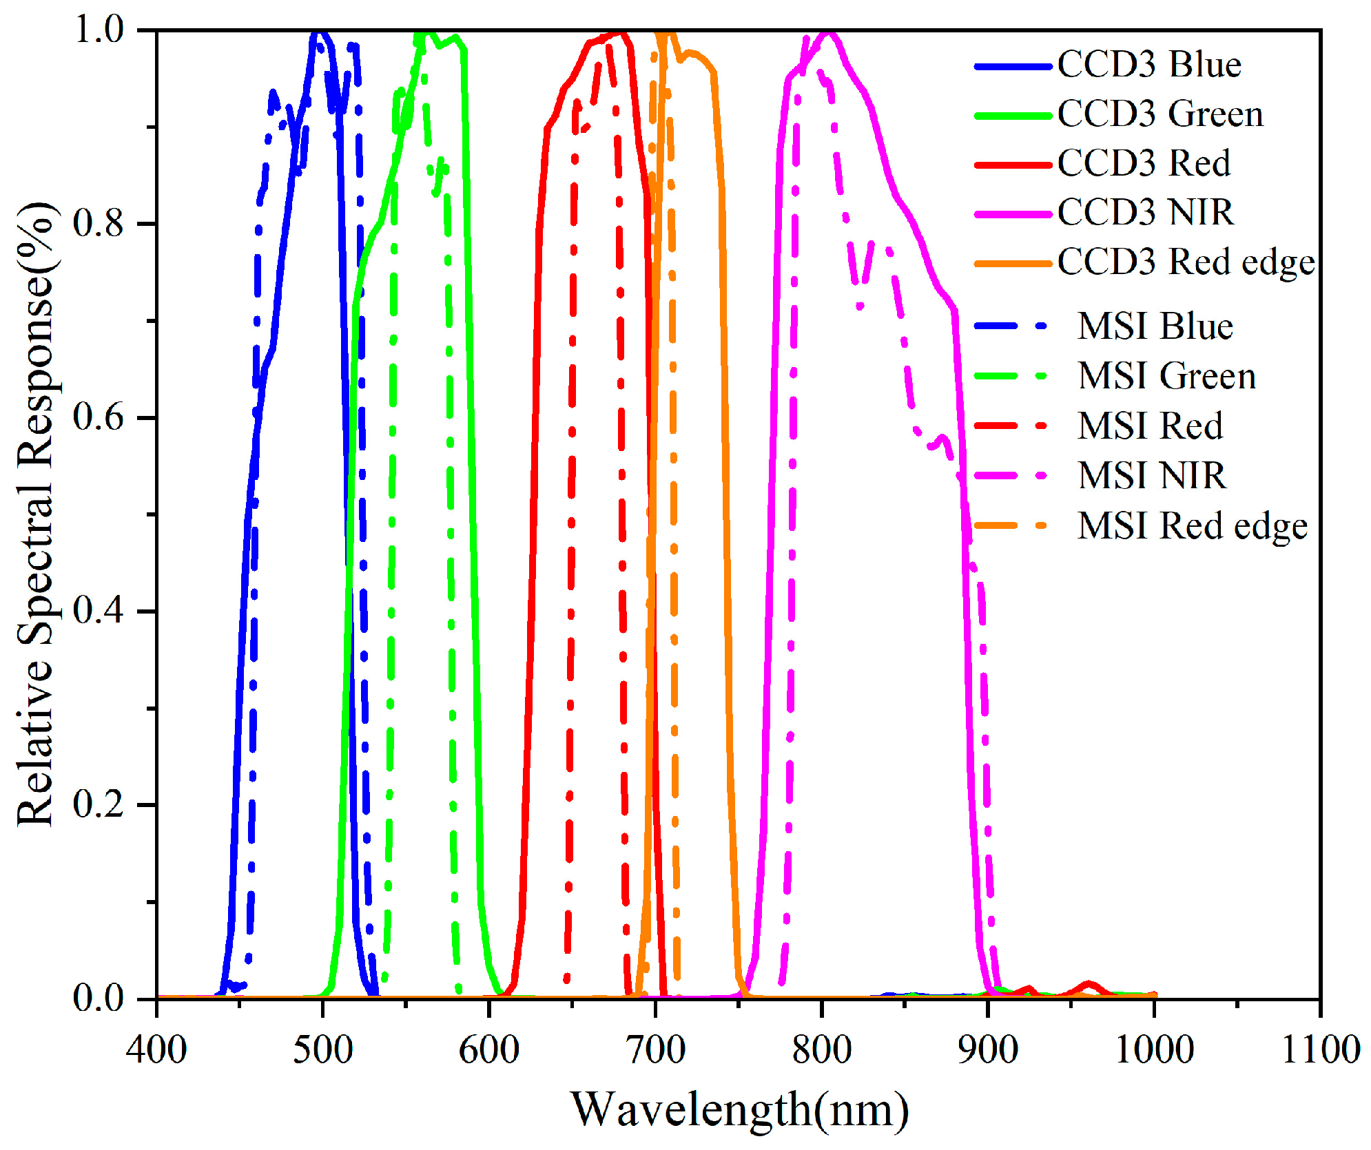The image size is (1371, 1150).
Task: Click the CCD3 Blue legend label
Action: [x=1148, y=65]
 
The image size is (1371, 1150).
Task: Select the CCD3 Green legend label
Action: [x=1160, y=114]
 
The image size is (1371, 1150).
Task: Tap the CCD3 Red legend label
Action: [x=1144, y=164]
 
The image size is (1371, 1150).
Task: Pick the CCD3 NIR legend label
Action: [x=1145, y=212]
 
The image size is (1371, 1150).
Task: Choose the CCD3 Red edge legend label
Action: [x=1186, y=262]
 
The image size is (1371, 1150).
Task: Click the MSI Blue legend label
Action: [x=1155, y=326]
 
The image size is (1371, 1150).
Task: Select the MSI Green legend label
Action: [x=1166, y=377]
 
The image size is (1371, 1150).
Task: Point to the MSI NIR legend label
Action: [x=1151, y=476]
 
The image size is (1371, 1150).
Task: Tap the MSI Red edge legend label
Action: [x=1192, y=526]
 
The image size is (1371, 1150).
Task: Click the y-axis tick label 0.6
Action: [x=98, y=417]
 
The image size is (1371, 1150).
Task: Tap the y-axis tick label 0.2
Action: [x=98, y=804]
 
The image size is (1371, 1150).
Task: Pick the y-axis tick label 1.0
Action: [x=98, y=30]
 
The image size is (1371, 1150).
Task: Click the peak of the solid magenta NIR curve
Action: [x=829, y=32]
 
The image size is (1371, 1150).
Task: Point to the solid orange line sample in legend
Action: [x=1013, y=264]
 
